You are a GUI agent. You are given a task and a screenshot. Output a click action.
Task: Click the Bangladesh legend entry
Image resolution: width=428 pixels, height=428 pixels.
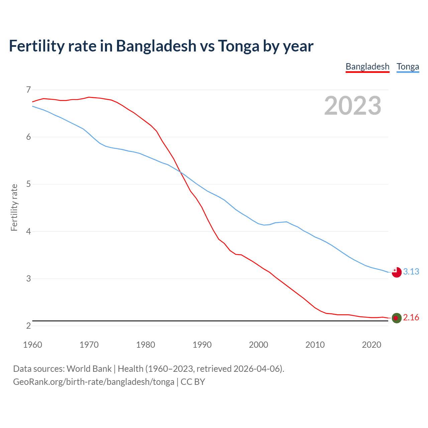coord(367,67)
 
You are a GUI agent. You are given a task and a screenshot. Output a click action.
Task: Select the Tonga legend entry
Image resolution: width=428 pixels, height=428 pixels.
coord(408,67)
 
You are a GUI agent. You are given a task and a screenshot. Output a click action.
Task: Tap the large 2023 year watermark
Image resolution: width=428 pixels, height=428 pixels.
coord(353,106)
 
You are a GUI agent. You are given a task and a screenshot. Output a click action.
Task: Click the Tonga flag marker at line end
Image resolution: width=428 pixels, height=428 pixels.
coord(397,272)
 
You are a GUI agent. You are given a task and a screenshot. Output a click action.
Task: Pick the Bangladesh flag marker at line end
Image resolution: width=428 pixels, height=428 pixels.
coord(397,318)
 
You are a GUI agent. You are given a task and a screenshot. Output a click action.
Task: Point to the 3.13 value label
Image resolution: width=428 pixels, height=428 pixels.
coord(411,272)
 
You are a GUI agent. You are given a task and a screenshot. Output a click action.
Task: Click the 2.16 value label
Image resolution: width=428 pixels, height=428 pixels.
coord(411,317)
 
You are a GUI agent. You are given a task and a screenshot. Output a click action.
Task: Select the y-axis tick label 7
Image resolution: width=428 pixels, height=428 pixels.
coord(28,90)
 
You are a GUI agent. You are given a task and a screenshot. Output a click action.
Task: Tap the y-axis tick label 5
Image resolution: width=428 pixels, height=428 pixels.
coord(28,184)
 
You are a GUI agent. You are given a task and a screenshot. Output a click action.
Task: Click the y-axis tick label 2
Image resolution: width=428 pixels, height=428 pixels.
coord(28,326)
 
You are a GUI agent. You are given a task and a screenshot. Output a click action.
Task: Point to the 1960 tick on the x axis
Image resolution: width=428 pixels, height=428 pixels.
coord(32,345)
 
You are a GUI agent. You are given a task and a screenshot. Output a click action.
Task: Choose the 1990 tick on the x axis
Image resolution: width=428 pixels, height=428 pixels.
coord(202,345)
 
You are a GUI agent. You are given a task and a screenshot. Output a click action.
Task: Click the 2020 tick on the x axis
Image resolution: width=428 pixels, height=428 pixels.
coord(371,345)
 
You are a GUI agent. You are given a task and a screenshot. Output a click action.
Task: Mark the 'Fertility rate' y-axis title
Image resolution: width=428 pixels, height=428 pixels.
coord(14,207)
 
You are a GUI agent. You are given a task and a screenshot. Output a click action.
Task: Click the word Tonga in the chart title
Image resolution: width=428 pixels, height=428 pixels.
coord(238,46)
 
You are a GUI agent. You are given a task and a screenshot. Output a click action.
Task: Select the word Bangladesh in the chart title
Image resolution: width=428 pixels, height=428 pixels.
coord(156,46)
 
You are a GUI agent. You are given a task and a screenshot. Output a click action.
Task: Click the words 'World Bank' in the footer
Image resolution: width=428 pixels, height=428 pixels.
coord(89,369)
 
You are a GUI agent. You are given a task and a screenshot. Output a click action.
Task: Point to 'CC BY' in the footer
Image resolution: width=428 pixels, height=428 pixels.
coord(193,382)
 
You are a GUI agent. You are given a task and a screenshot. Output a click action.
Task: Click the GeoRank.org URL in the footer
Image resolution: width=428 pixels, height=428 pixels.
coord(94,382)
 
